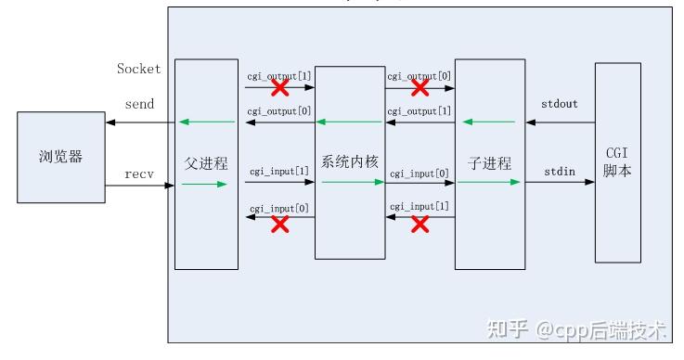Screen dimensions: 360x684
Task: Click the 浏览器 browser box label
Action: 61,157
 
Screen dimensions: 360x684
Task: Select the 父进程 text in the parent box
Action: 206,163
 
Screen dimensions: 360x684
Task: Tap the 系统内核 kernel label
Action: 350,160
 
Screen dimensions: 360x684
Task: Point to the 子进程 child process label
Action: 489,163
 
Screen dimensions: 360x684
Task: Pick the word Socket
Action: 138,68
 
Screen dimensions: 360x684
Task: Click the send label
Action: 139,104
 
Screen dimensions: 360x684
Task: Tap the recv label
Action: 139,174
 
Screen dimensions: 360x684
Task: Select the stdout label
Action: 559,104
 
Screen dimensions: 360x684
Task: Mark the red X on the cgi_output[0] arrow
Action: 419,88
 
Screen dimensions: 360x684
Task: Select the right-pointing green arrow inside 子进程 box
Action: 488,183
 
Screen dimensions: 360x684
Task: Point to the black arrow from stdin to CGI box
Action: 560,183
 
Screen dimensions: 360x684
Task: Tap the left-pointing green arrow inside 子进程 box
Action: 488,122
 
